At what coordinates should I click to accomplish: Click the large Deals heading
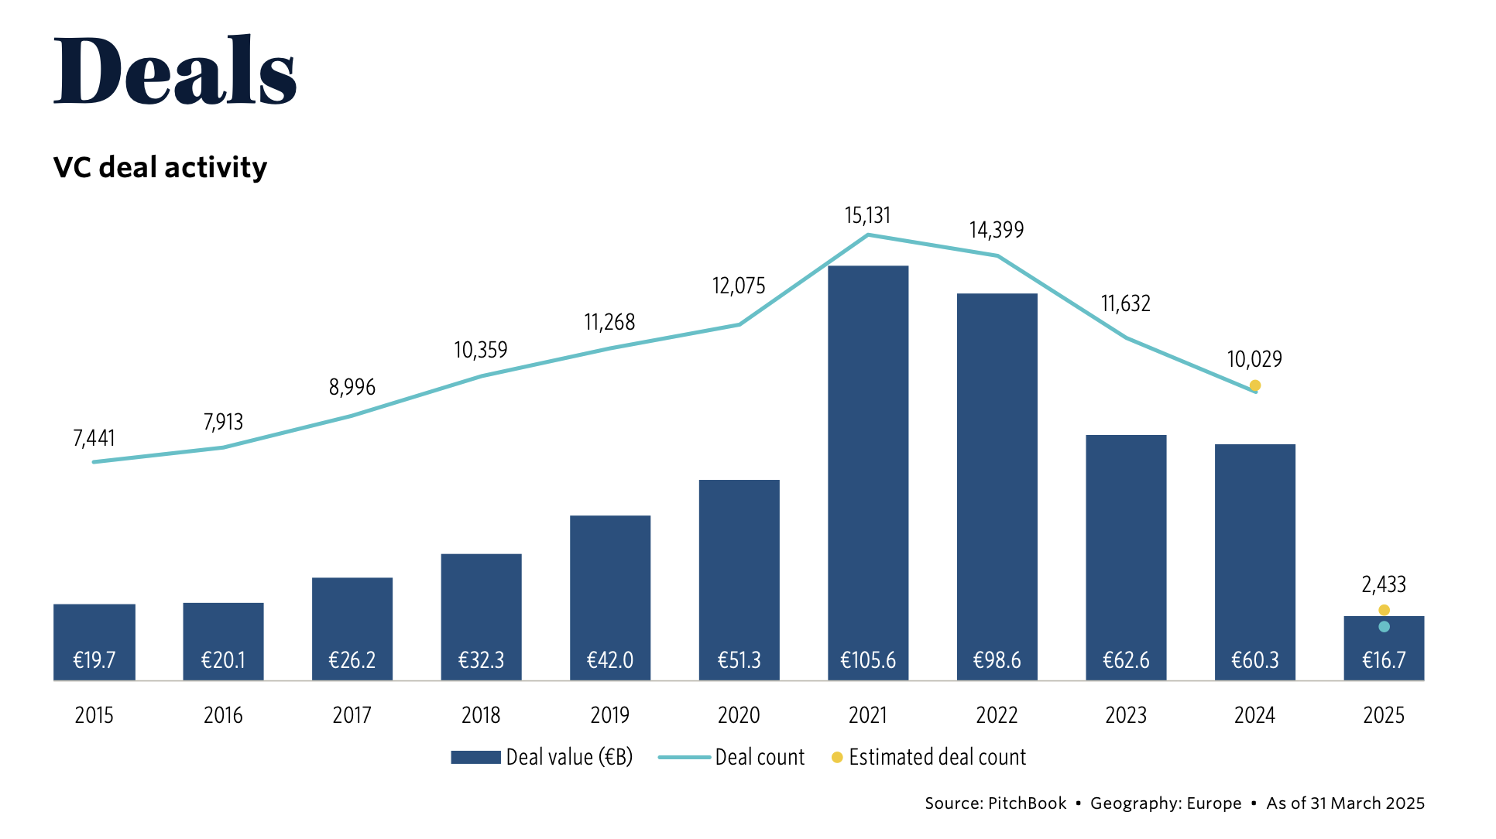pos(175,70)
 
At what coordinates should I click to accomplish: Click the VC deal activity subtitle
pos(160,167)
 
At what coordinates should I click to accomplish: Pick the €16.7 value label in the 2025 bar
pos(1383,660)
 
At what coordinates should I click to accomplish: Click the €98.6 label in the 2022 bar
pos(997,660)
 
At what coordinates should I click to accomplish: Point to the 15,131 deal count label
pos(867,215)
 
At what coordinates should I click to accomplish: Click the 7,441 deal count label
pos(94,439)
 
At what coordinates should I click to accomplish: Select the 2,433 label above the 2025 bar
pos(1383,584)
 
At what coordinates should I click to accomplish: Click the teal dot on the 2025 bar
pos(1384,627)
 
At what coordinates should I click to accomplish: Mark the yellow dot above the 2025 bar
pos(1384,610)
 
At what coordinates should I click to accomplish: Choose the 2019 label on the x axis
pos(609,715)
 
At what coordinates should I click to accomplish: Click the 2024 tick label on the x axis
pos(1254,715)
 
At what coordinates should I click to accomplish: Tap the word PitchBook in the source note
pos(1027,803)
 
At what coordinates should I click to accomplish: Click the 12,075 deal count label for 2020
pos(739,286)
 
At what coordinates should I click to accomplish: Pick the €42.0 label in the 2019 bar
pos(609,660)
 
